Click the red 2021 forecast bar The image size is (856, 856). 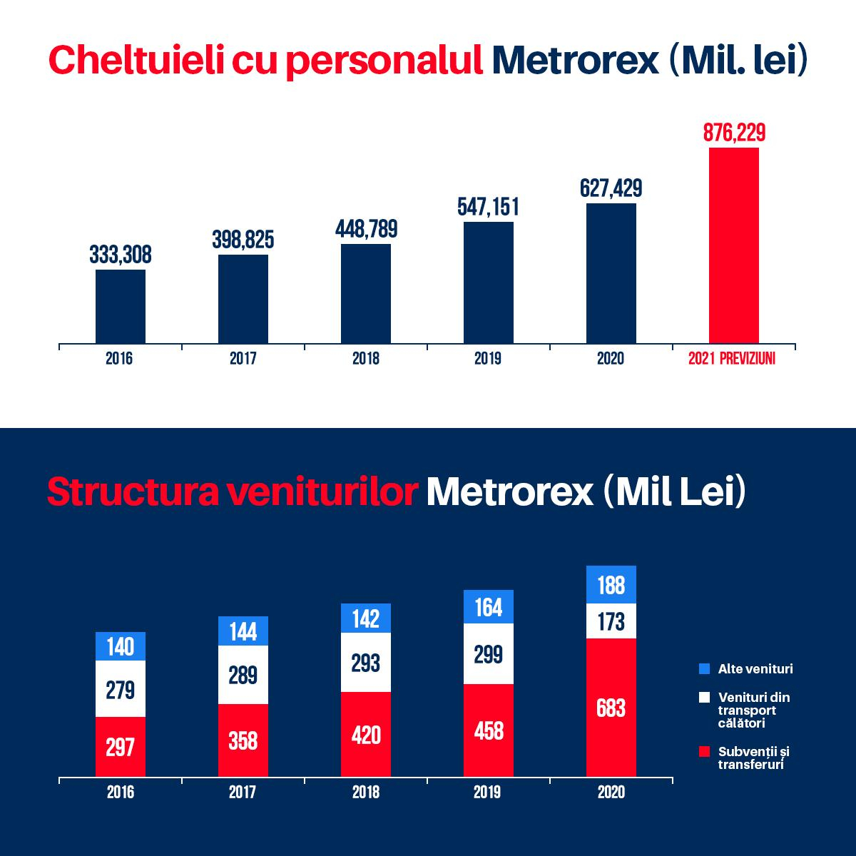pos(733,245)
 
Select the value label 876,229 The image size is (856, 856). pos(734,133)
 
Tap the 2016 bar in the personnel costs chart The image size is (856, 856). pos(121,307)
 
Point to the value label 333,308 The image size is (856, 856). pos(121,255)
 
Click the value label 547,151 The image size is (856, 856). pos(489,208)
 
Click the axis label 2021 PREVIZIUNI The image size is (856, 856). pos(732,359)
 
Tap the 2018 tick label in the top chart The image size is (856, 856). pos(366,359)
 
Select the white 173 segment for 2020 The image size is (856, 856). pos(611,621)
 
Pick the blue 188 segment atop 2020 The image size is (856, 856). pos(611,585)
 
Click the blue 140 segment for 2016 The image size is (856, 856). pos(121,646)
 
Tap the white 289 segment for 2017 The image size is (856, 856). pos(243,675)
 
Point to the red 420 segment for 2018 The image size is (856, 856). pos(366,734)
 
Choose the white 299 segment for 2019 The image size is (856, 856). pos(489,654)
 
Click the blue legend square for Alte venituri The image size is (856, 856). pos(705,669)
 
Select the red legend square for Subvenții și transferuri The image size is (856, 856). pos(705,752)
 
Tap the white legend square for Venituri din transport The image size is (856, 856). pos(705,697)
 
